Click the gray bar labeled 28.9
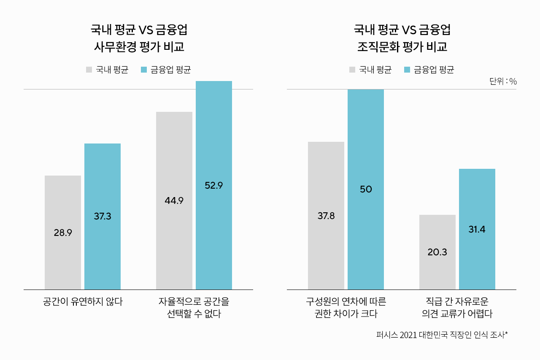click(62, 232)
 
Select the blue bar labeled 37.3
click(103, 216)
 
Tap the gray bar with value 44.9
click(174, 200)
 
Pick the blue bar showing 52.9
click(213, 185)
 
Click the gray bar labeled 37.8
click(326, 216)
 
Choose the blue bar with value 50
click(365, 189)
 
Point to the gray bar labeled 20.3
click(437, 252)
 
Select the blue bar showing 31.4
click(477, 229)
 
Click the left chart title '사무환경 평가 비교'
click(139, 46)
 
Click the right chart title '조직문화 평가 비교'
click(402, 46)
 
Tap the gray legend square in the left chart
click(89, 70)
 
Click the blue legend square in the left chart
click(143, 70)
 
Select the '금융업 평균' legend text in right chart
click(434, 70)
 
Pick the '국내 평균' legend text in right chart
click(375, 70)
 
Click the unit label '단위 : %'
click(503, 81)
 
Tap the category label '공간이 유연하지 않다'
click(83, 302)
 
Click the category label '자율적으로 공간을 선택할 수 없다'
click(194, 308)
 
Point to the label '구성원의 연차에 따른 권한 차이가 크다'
click(346, 308)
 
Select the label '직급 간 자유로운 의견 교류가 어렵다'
click(457, 308)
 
